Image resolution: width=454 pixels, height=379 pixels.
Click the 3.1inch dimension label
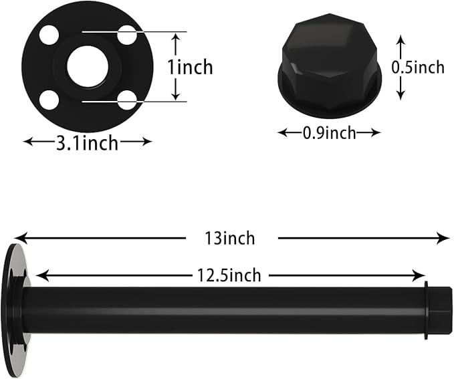click(x=87, y=143)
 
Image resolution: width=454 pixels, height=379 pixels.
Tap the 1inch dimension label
click(x=191, y=67)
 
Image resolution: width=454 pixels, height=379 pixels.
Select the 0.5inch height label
click(x=418, y=67)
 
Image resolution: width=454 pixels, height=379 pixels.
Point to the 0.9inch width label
click(x=329, y=133)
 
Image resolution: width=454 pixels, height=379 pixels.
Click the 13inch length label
click(x=230, y=238)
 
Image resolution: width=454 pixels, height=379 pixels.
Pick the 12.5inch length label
click(x=229, y=275)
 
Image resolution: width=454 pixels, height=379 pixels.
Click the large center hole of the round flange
click(x=88, y=67)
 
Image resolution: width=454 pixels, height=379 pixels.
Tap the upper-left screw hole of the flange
click(x=49, y=35)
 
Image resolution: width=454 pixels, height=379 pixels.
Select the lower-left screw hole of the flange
click(x=49, y=100)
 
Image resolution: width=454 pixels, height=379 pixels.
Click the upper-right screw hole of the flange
click(x=127, y=35)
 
